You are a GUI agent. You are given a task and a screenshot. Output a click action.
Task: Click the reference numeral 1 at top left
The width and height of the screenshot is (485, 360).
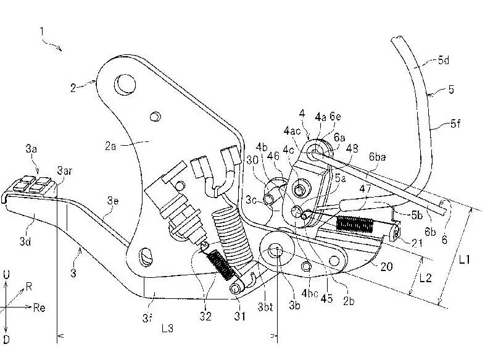coord(42,31)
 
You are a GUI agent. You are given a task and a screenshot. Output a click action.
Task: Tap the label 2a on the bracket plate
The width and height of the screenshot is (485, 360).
coord(110,146)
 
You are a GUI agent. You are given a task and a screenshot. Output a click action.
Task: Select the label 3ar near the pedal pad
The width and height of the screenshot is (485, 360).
coord(65,170)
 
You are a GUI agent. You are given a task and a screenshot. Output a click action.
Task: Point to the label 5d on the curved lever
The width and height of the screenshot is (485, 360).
coord(443,60)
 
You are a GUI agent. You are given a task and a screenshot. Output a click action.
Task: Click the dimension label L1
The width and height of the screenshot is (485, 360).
coord(464,259)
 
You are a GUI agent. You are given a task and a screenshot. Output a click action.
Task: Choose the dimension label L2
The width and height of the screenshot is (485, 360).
coord(425,278)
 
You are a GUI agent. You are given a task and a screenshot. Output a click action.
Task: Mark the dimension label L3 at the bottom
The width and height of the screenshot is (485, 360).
coord(167,328)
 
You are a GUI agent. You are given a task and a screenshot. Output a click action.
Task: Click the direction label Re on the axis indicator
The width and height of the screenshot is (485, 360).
coord(39,308)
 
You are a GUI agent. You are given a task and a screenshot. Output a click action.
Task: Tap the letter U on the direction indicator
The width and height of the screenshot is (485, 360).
coord(6,275)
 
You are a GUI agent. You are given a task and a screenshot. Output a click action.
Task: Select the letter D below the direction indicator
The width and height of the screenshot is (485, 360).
coord(6,339)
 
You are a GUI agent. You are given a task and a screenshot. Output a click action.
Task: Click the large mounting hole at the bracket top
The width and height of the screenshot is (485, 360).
coord(125,84)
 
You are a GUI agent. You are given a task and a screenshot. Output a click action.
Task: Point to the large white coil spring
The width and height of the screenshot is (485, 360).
coord(232,237)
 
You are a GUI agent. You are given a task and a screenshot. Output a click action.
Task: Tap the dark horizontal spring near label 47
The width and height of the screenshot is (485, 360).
coord(355,224)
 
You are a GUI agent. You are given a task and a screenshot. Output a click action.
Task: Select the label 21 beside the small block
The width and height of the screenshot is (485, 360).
coord(417,243)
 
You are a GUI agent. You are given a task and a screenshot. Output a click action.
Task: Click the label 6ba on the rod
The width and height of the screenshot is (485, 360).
coord(378,157)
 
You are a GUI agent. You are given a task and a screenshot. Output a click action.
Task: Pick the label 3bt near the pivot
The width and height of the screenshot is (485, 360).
coord(265,306)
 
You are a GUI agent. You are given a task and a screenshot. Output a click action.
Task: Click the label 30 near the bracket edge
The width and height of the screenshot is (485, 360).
coord(252,160)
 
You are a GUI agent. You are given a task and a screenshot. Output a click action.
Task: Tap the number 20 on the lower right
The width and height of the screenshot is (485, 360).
coord(386,266)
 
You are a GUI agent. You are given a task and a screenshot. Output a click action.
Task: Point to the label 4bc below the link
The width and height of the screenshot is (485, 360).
coord(310,293)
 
